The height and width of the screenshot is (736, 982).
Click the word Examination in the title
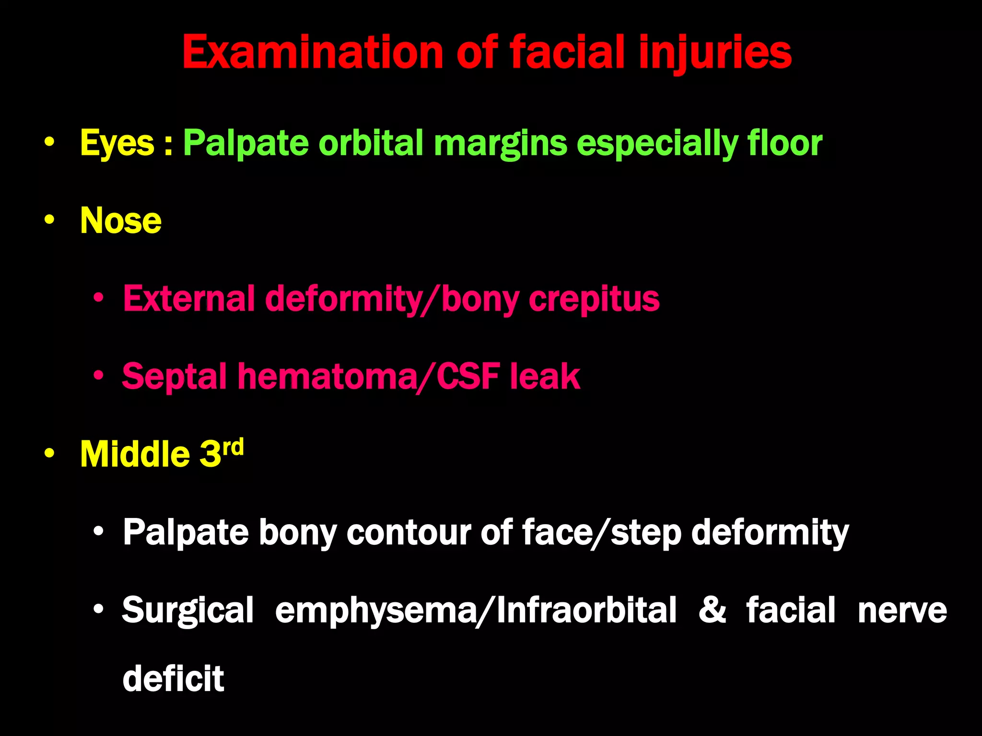(x=313, y=53)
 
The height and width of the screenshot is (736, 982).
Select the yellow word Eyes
(x=117, y=143)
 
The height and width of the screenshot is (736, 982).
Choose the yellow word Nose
(x=121, y=220)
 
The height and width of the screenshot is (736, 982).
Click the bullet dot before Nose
(x=49, y=220)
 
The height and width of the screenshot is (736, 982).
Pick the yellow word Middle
(x=135, y=454)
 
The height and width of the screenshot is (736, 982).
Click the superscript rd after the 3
(x=233, y=448)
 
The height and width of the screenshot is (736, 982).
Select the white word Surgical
(x=188, y=610)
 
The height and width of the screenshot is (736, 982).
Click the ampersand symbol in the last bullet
(x=712, y=609)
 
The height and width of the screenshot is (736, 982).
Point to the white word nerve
(x=902, y=610)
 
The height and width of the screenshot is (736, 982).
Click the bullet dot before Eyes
(x=49, y=142)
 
